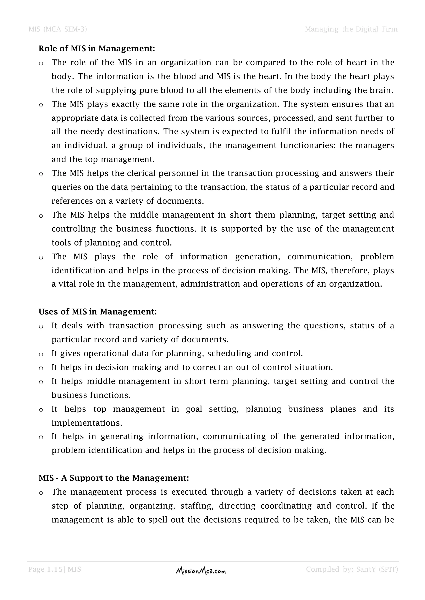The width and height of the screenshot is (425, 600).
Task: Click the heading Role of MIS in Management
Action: coord(97,49)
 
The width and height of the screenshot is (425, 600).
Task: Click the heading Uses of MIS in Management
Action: coord(98,312)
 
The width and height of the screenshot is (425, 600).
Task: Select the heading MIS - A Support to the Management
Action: coord(114,478)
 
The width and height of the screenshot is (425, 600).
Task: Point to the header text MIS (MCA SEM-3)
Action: coord(57,29)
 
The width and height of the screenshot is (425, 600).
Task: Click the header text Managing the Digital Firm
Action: coord(351,29)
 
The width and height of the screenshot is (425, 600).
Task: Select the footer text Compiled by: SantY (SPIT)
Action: coord(352,569)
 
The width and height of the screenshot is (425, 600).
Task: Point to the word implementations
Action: coord(87,423)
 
